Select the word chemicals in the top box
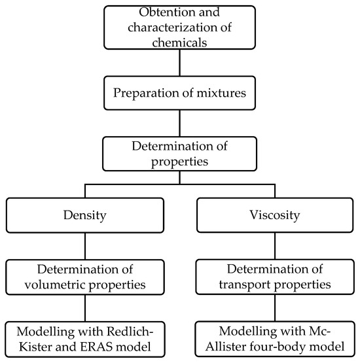pos(179,43)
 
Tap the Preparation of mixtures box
pos(179,93)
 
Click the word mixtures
pos(221,93)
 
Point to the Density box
pos(85,215)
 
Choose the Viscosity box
pos(275,215)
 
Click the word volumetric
pos(55,285)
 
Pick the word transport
pos(245,285)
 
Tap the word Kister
pos(35,347)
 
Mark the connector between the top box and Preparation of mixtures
pos(180,63)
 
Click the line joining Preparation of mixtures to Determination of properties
pos(180,123)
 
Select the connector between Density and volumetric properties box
pos(85,246)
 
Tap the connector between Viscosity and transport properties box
pos(275,246)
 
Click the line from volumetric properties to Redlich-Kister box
pos(85,308)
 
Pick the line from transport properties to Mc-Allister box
pos(275,307)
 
